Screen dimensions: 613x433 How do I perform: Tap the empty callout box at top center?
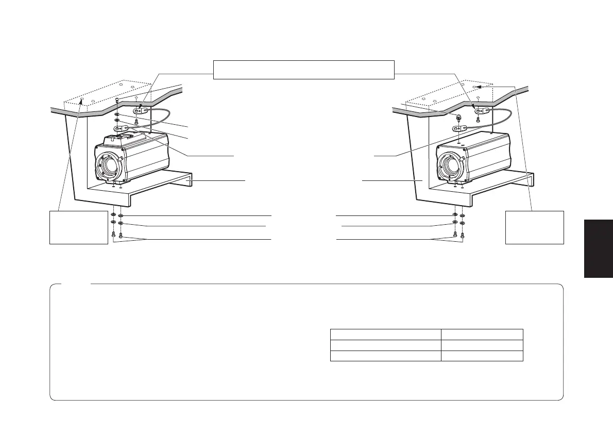coord(304,70)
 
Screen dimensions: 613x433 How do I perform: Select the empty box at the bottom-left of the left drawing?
coord(78,227)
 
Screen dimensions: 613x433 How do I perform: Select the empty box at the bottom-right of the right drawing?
coord(535,227)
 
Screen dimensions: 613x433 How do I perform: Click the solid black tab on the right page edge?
coord(599,248)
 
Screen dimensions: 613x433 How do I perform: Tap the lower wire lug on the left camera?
coord(122,128)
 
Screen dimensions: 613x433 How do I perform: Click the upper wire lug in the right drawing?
coord(482,111)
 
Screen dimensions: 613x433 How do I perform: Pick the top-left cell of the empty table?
coord(385,334)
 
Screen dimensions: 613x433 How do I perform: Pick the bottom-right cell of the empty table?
coord(482,356)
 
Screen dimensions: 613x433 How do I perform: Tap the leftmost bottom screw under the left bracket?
coord(113,236)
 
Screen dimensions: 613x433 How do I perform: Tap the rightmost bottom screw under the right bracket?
coord(463,236)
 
